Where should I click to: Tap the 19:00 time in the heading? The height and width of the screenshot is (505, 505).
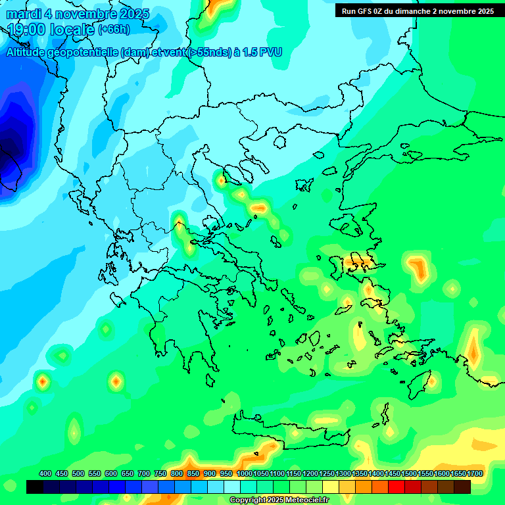click(28, 29)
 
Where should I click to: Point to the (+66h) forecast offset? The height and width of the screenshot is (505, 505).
click(114, 30)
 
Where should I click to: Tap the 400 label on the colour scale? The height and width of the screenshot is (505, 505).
click(45, 474)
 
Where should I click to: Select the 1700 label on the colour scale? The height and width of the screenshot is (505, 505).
click(475, 474)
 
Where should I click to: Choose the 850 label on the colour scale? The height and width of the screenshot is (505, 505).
click(193, 474)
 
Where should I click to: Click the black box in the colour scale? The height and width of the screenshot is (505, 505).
click(35, 487)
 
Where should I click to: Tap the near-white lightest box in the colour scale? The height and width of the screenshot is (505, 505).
click(232, 487)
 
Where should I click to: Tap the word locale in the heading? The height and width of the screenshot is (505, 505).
click(70, 29)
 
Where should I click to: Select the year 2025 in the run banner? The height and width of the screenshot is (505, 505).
click(485, 11)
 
